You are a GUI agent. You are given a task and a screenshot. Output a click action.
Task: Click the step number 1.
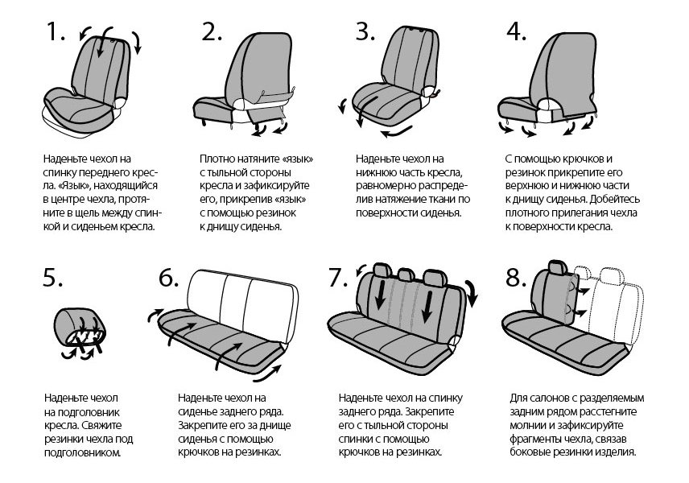[55, 32]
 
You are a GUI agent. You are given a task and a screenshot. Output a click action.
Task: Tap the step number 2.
[212, 32]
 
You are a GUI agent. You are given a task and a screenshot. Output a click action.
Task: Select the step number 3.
[366, 32]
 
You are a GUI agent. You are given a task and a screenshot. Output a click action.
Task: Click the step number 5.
[55, 278]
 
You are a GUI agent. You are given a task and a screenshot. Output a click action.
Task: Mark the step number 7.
[339, 278]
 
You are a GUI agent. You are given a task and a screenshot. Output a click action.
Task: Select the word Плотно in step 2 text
[217, 159]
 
